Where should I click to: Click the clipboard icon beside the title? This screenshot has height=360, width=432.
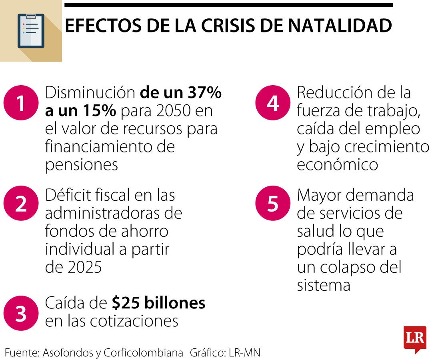[x=31, y=31]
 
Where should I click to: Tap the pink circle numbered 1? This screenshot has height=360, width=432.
[x=20, y=103]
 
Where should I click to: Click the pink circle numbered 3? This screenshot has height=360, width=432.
[x=20, y=313]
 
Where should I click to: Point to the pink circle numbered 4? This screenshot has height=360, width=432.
[x=272, y=103]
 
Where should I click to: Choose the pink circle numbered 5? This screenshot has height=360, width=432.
[x=272, y=203]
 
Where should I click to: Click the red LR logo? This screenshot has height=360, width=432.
[x=414, y=338]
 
